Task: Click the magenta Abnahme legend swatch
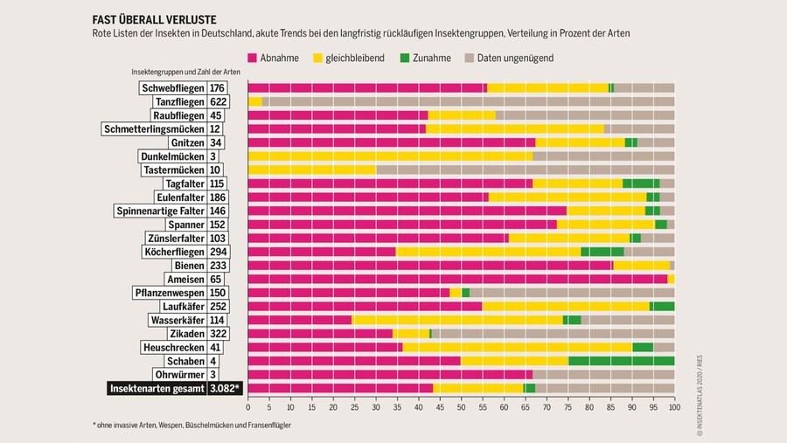coord(253,58)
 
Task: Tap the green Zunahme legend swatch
coord(404,58)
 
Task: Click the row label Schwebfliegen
coord(172,87)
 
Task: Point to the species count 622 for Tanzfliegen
coord(218,101)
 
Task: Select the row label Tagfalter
coord(185,183)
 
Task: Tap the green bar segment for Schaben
coord(621,361)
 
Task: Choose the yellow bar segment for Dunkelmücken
coord(390,156)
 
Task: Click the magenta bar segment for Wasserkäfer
coord(300,320)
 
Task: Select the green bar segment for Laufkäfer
coord(662,306)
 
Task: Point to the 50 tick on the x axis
coord(462,406)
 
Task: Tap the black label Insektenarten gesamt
coord(157,388)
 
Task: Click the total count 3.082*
coord(225,388)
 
